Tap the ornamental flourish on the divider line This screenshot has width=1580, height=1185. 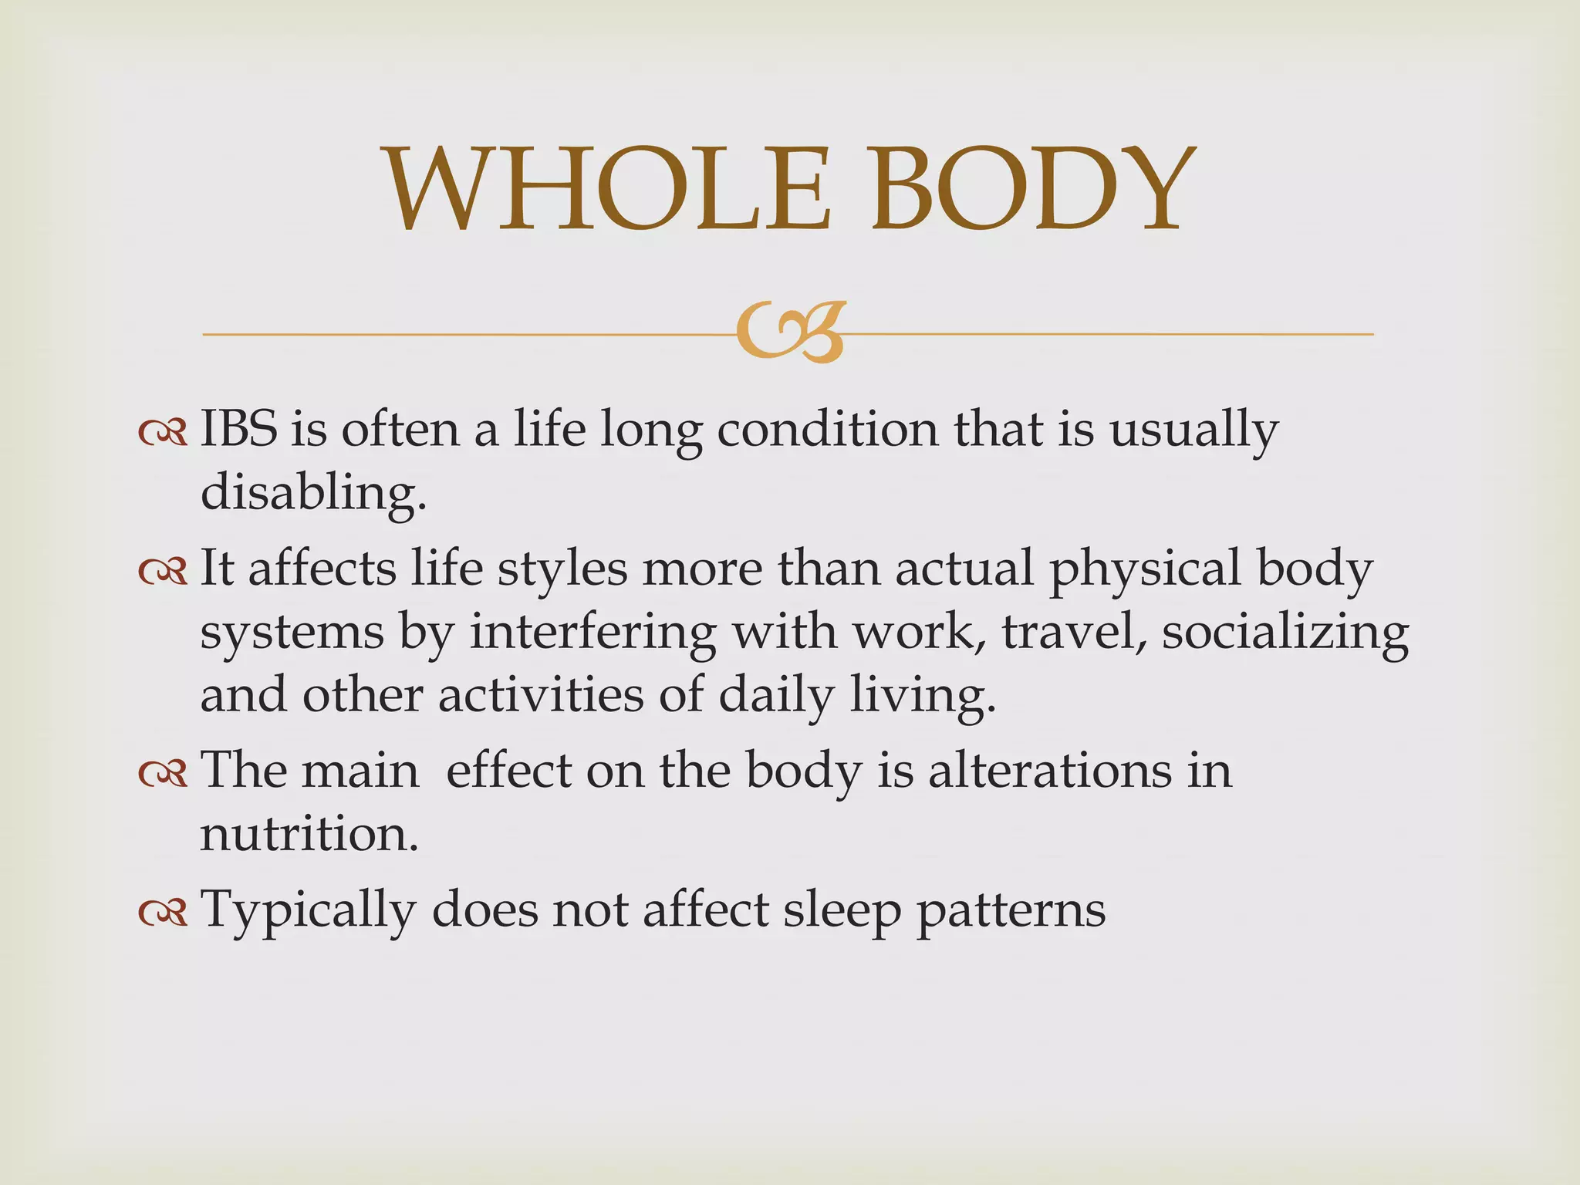(x=792, y=333)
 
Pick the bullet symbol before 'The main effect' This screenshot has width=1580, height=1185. (x=163, y=774)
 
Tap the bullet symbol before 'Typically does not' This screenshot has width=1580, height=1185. (x=163, y=913)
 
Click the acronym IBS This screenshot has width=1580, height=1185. (x=238, y=429)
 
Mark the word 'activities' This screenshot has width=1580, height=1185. (x=541, y=694)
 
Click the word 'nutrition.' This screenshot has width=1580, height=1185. (x=309, y=834)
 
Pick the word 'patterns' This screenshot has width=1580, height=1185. (x=1011, y=911)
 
